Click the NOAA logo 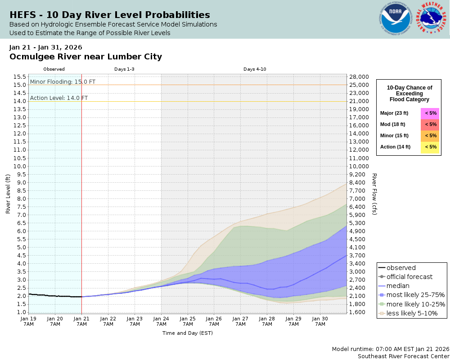tap(396, 19)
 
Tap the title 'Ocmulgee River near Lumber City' tap(85, 57)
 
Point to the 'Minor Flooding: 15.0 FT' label tap(63, 82)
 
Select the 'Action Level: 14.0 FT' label tap(59, 98)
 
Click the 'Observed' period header tap(54, 69)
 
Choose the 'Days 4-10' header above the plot tap(255, 69)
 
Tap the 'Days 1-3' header tap(124, 69)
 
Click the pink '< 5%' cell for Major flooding tap(430, 113)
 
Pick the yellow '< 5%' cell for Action tap(430, 147)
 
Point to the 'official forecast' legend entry tap(409, 277)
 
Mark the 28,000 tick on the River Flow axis tap(359, 76)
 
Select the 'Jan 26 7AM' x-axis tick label tap(214, 321)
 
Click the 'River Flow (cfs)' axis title tap(374, 194)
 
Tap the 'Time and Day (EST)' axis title tap(188, 333)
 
